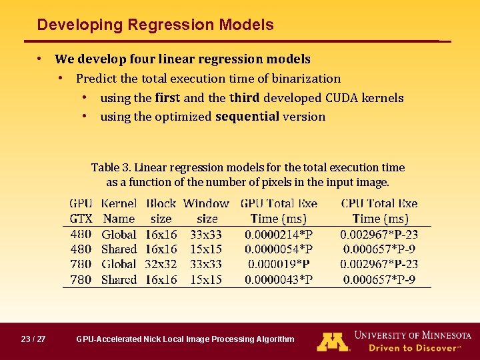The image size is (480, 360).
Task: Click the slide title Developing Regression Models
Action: (155, 25)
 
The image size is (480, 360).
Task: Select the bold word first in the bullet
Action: (167, 98)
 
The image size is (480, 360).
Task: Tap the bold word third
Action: (245, 98)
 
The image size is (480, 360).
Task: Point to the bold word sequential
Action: (247, 117)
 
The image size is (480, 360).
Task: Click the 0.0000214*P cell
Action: (279, 235)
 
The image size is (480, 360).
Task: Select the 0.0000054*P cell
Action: (279, 249)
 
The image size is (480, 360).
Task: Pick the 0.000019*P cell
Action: (279, 265)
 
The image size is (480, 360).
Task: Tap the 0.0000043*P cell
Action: (279, 280)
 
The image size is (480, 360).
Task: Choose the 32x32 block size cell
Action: (161, 265)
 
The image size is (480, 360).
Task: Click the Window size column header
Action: (207, 211)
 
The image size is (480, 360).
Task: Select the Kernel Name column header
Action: (119, 211)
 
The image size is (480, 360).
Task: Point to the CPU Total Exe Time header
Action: (379, 211)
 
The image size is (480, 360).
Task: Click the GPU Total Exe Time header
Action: (279, 211)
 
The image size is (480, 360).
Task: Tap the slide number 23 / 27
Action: (33, 339)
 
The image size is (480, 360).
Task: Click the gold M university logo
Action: (333, 341)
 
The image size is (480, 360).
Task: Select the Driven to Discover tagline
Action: (413, 348)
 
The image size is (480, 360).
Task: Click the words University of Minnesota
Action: (413, 335)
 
